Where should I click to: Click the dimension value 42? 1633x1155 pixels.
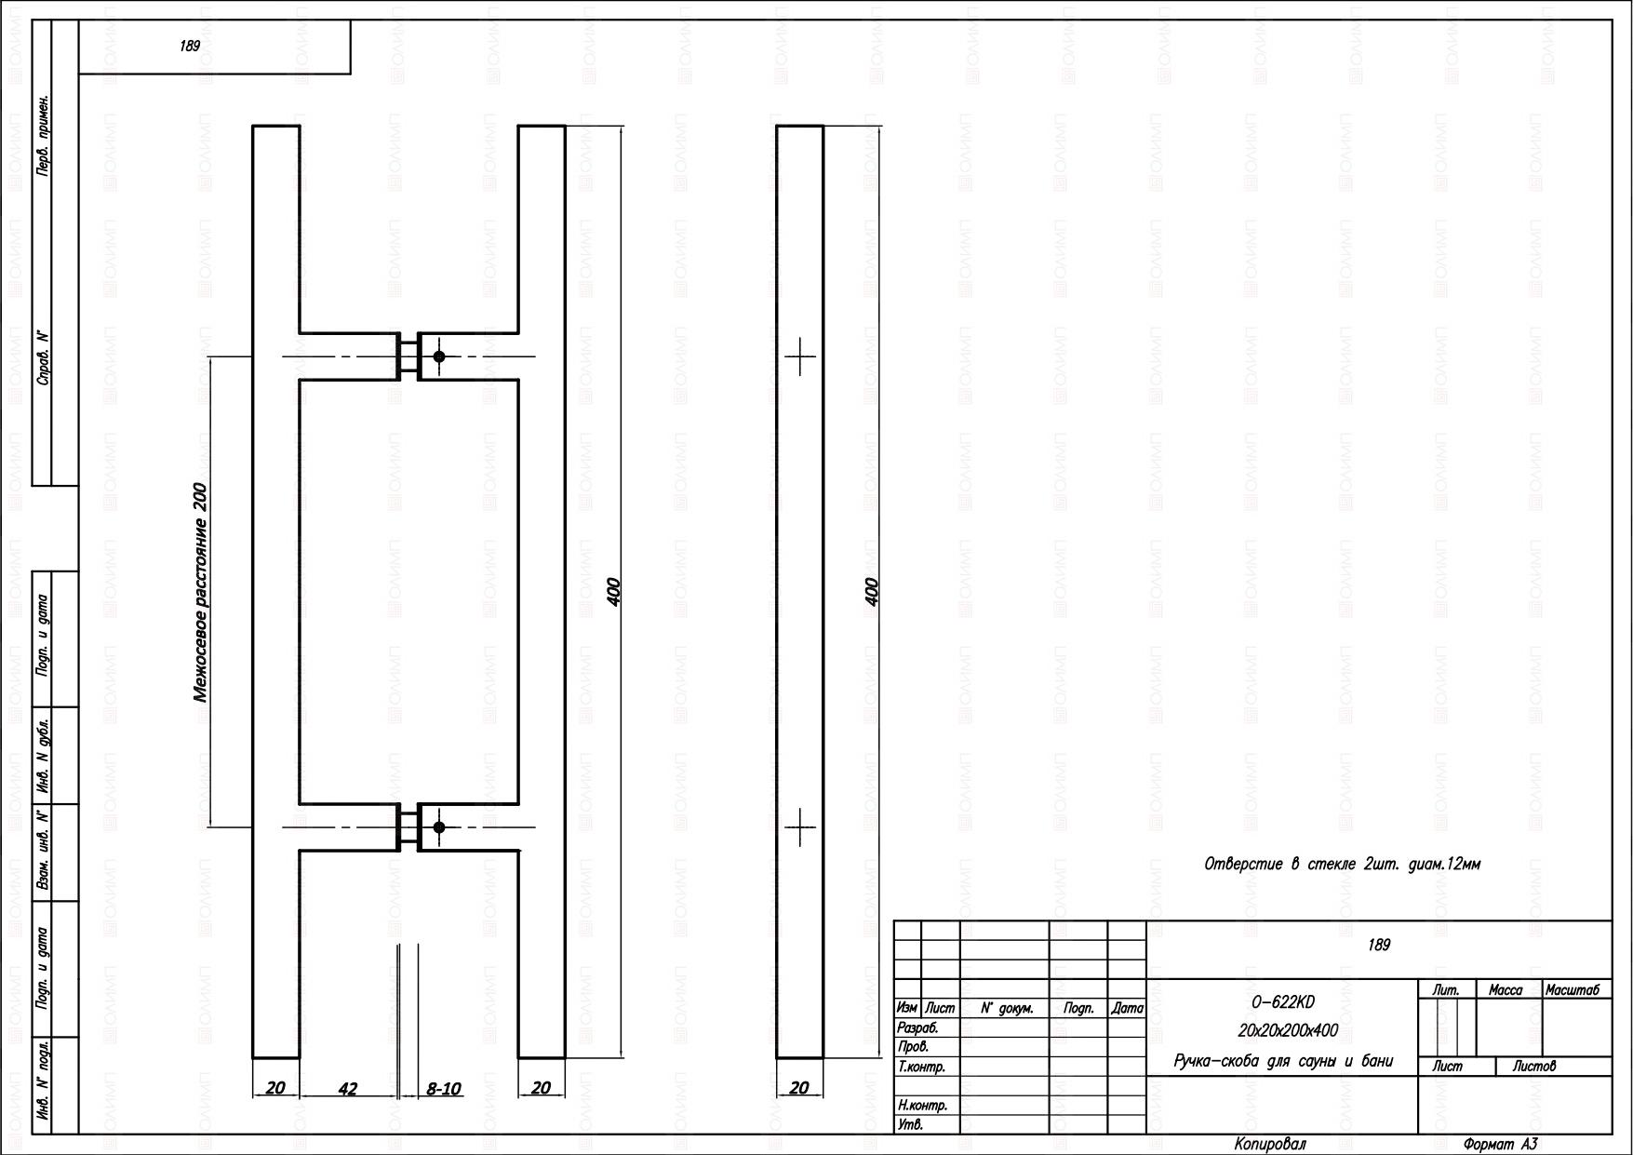(347, 1088)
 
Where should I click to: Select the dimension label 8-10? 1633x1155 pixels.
(444, 1088)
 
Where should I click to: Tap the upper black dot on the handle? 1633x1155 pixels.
(439, 356)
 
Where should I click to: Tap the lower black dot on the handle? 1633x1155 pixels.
(439, 827)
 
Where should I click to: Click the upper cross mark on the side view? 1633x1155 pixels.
(800, 356)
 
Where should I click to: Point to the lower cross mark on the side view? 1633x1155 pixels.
(800, 826)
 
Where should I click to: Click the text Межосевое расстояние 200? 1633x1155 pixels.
(200, 592)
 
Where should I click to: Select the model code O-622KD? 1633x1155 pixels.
(1284, 1002)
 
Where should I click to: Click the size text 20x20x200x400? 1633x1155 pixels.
(1288, 1030)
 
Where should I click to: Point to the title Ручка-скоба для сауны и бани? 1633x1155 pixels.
(1284, 1061)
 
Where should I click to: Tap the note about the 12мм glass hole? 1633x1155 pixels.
(1342, 864)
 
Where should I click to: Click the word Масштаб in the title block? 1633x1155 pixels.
(1573, 990)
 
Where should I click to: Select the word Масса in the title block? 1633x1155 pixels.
(1506, 990)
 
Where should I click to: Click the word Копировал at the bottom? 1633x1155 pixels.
(1271, 1144)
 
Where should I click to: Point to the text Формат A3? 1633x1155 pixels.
(1501, 1145)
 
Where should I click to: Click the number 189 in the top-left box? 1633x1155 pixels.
(190, 46)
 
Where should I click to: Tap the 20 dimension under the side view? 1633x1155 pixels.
(798, 1088)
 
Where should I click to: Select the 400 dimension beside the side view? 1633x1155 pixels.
(872, 592)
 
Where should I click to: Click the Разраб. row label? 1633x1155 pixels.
(917, 1028)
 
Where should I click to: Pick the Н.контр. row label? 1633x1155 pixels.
(923, 1106)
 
